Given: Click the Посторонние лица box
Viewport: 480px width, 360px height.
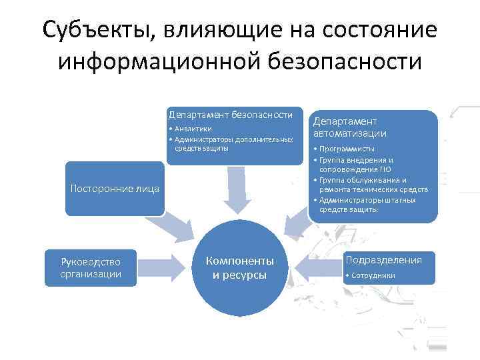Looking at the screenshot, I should (115, 189).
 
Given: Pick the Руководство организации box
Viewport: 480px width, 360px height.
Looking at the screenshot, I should (91, 268).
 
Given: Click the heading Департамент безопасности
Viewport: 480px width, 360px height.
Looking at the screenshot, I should (231, 115).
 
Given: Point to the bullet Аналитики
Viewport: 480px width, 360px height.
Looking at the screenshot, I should (193, 129).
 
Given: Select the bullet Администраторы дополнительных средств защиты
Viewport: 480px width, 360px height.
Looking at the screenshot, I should (231, 143).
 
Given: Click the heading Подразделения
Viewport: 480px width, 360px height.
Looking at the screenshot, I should (383, 260).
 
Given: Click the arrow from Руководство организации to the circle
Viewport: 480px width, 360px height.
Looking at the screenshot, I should (161, 267).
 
